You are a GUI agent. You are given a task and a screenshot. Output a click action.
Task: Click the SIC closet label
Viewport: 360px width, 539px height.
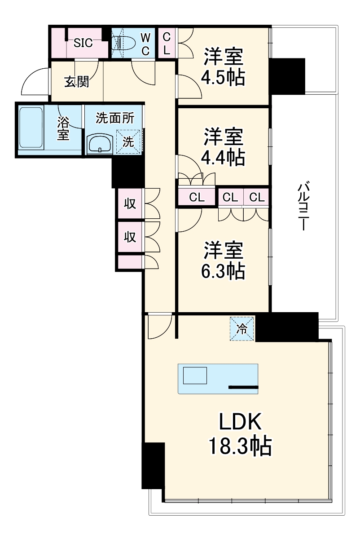point(83,43)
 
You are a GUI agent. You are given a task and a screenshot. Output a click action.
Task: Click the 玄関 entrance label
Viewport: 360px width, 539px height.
point(76,82)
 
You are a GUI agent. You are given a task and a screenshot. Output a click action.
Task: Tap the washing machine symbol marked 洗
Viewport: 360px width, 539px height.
point(129,142)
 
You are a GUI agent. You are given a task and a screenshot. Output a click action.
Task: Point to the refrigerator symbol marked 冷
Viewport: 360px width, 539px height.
point(242,329)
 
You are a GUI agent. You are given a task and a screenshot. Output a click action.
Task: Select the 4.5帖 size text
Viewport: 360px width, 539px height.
point(223,78)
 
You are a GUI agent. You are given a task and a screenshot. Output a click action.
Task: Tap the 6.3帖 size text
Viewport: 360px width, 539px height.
point(223,271)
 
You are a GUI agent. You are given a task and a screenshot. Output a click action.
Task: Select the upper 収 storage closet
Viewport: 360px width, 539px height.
point(130,204)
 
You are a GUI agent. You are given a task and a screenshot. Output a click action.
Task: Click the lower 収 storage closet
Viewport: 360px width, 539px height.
point(130,237)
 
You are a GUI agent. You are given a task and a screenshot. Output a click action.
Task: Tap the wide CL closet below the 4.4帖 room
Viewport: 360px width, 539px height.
point(197,197)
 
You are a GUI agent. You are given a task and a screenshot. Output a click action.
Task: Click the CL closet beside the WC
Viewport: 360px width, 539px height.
point(167,43)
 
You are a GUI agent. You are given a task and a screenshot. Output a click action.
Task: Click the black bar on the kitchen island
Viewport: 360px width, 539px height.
point(243,387)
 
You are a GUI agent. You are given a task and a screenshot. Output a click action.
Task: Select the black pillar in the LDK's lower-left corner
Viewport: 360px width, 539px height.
point(153,465)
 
